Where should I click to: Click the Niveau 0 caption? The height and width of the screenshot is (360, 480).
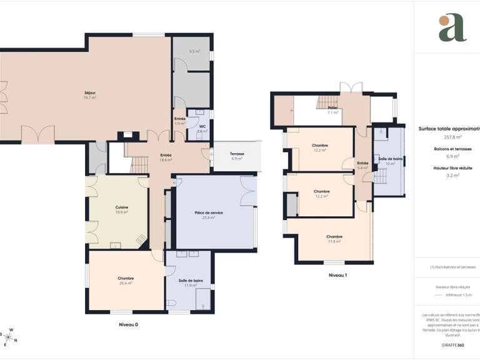128,324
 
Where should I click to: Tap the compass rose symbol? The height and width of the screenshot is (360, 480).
11,337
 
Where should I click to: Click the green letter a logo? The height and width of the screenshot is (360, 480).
452,28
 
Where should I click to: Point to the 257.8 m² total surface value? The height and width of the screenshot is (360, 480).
452,136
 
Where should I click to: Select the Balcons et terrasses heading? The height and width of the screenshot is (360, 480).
452,149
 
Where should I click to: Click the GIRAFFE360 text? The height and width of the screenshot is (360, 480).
452,345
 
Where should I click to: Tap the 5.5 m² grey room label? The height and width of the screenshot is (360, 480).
194,51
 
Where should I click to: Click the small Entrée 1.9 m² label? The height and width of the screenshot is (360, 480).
179,121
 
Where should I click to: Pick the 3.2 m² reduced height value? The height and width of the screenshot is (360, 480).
452,176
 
